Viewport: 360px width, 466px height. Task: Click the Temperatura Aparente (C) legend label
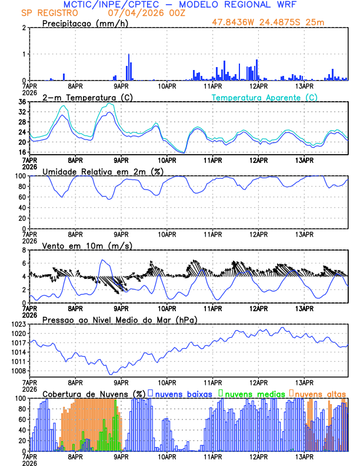[264, 97]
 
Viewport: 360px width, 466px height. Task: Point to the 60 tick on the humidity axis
[23, 197]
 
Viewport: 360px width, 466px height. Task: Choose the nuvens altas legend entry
[320, 393]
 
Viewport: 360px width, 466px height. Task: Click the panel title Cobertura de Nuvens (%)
[94, 393]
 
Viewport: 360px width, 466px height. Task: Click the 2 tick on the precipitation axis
[25, 28]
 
